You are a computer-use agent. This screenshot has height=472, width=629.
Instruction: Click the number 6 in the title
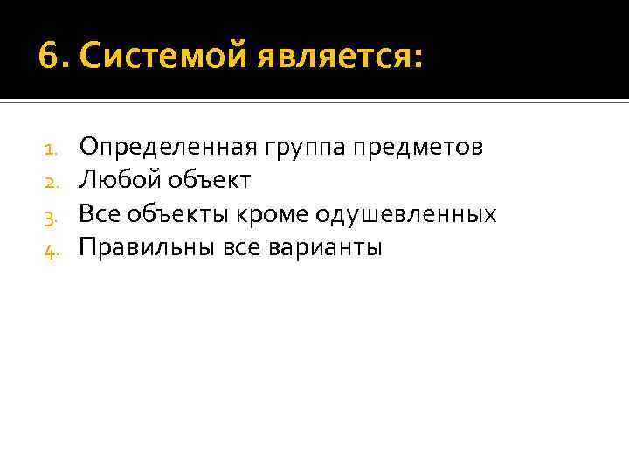coord(49,59)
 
